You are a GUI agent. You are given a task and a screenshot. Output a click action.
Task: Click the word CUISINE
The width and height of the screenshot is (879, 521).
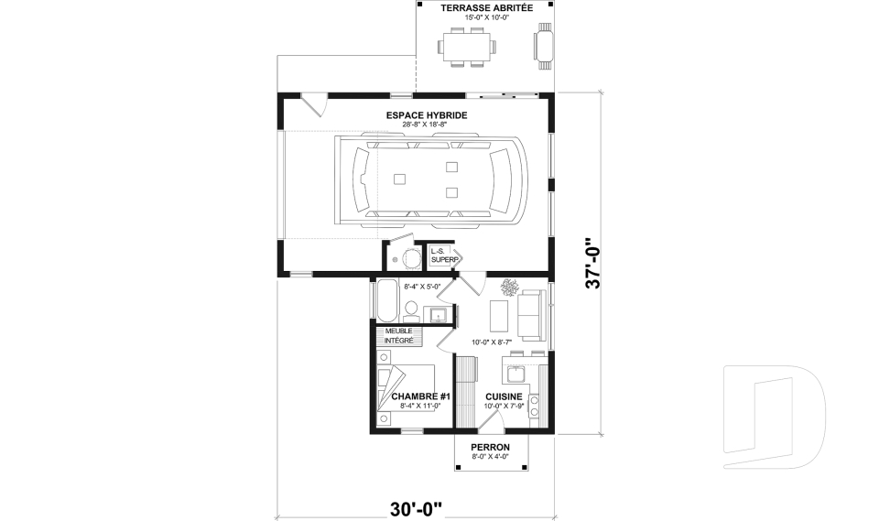point(504,396)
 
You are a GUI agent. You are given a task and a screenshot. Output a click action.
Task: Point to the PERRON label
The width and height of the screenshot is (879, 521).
point(490,447)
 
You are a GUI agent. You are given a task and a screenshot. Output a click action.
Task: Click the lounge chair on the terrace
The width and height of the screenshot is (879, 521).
point(544,45)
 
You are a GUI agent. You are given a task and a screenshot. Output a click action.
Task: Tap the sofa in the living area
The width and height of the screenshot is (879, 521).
point(532,312)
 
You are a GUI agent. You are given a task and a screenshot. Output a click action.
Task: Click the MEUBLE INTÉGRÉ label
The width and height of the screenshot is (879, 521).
point(398,335)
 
